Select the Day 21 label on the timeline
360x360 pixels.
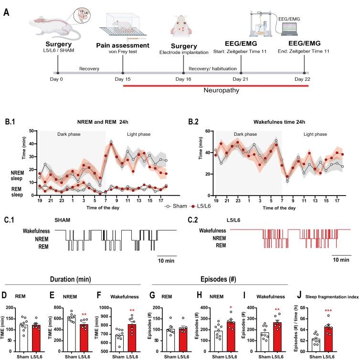(241, 79)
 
